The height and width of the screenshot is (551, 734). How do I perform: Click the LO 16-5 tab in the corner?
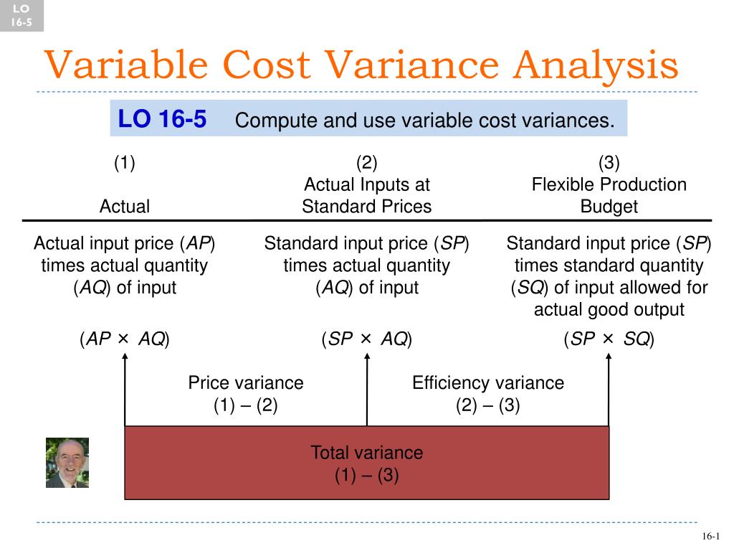[x=22, y=16]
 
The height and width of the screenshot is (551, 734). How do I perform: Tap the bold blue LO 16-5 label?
[x=162, y=119]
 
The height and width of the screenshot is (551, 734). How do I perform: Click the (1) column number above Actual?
[x=125, y=163]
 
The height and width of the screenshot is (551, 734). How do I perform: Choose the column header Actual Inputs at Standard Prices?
[x=366, y=196]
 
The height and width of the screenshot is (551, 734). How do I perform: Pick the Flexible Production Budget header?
[x=609, y=196]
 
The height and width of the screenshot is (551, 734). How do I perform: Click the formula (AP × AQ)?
[x=125, y=339]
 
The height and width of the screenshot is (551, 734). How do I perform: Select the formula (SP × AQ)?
[x=366, y=339]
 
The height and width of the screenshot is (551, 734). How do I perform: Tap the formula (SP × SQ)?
[x=609, y=339]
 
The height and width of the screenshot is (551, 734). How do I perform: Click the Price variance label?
[x=246, y=383]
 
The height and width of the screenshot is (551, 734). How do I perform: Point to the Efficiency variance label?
[x=487, y=383]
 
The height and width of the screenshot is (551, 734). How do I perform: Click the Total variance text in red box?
[x=366, y=453]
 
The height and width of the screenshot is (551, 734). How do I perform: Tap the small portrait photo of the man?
[x=67, y=463]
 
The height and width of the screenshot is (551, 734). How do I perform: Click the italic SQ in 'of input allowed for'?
[x=529, y=288]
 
